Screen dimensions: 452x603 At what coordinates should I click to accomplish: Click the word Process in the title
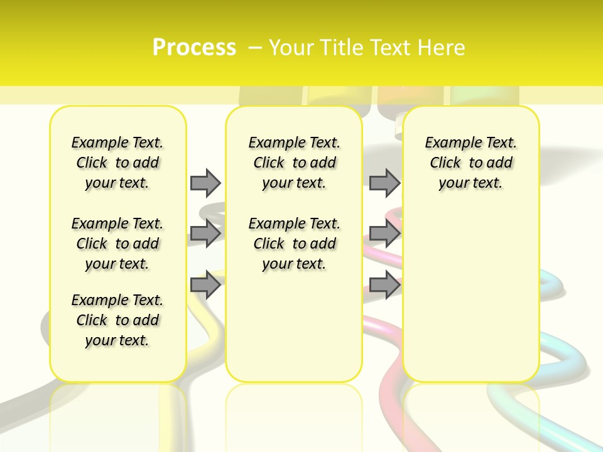click(x=194, y=47)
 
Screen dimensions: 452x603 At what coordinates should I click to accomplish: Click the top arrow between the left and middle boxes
click(x=205, y=183)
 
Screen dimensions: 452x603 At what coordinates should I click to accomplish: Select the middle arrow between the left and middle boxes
click(x=205, y=234)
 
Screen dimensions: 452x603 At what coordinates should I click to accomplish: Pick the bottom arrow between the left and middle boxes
click(x=205, y=285)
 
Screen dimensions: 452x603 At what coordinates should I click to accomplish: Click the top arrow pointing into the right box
click(x=384, y=183)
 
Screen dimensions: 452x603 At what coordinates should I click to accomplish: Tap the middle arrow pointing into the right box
click(x=384, y=234)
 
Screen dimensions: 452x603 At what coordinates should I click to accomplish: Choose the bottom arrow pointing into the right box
click(x=384, y=285)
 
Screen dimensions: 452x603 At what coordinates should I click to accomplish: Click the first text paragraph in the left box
click(x=117, y=163)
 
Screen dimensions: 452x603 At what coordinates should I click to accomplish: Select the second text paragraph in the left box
click(x=117, y=244)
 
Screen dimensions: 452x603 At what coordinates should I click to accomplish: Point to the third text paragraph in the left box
click(x=117, y=320)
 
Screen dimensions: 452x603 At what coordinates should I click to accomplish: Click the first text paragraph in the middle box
click(x=294, y=163)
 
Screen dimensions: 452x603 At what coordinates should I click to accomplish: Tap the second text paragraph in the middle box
click(x=294, y=244)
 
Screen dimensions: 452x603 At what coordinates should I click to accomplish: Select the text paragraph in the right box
click(x=470, y=163)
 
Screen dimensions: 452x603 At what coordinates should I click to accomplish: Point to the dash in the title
click(x=255, y=47)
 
